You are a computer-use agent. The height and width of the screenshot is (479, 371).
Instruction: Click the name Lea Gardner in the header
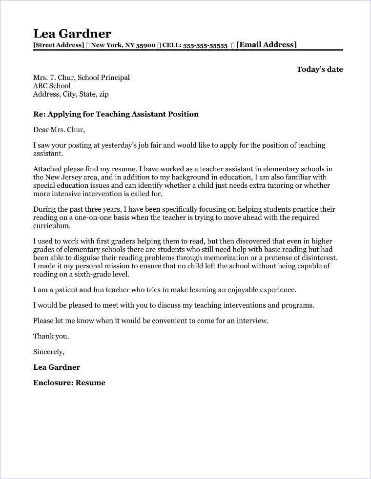click(72, 34)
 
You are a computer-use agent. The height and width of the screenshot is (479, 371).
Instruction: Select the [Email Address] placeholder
click(266, 45)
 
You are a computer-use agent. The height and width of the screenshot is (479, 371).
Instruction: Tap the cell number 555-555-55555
click(206, 45)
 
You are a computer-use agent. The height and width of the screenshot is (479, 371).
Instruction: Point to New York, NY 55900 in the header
click(123, 45)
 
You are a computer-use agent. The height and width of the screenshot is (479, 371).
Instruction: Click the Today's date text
click(320, 69)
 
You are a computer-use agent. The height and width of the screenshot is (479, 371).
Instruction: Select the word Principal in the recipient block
click(115, 78)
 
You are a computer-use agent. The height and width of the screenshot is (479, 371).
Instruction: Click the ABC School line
click(52, 86)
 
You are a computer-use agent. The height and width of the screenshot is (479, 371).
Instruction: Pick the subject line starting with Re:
click(116, 114)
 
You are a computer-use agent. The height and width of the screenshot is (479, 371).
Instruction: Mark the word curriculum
click(52, 226)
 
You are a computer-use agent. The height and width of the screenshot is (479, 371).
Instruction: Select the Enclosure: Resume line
click(69, 383)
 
